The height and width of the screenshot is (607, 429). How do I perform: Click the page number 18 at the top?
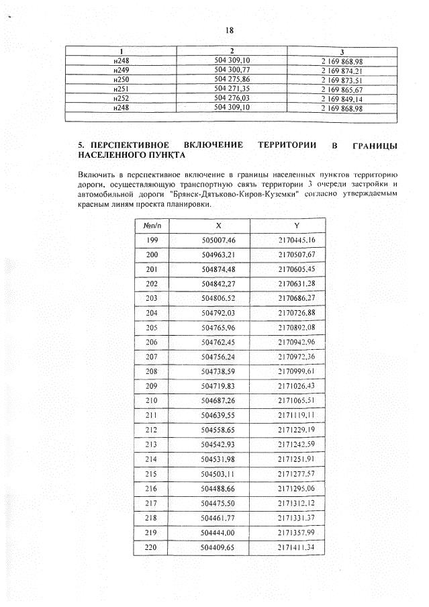pyautogui.click(x=229, y=31)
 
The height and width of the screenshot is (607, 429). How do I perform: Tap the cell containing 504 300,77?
pyautogui.click(x=232, y=70)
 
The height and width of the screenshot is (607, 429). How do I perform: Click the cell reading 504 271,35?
pyautogui.click(x=232, y=89)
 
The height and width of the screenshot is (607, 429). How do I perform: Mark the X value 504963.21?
pyautogui.click(x=219, y=255)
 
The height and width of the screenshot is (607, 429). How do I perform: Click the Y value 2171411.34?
pyautogui.click(x=297, y=548)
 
